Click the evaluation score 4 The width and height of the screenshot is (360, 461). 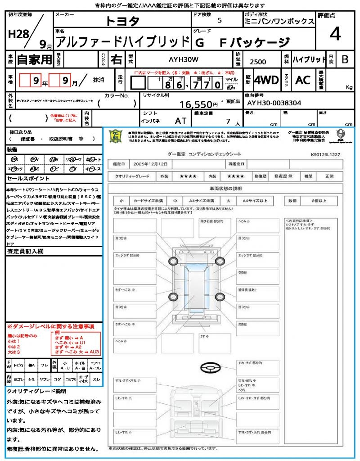coord(334,34)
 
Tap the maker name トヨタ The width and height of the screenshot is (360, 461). coord(122,21)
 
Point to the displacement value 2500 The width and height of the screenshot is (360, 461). coord(257,62)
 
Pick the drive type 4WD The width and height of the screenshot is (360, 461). coord(266,80)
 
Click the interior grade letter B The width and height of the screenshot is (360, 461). coord(345,59)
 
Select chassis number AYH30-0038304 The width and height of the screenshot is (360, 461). coord(274,103)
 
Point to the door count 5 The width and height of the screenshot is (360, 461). coord(219,21)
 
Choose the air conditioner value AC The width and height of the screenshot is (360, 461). coord(302,80)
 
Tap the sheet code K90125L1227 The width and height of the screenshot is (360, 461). coord(325,154)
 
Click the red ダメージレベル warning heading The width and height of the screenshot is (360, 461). coord(50,326)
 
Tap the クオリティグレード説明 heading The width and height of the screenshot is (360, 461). coord(36,391)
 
